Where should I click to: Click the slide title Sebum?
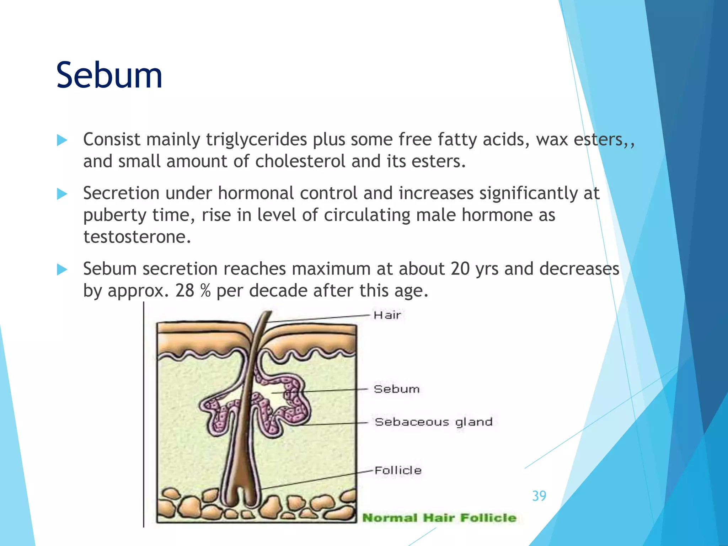109,75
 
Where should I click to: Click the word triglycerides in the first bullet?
256,139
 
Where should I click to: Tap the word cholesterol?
300,161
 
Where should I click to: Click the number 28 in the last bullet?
184,291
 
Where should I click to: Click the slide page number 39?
539,496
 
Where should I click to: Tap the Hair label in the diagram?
387,315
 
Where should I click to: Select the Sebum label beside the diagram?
396,389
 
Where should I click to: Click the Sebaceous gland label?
433,422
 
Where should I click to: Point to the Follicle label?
398,470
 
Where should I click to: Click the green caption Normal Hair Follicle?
439,518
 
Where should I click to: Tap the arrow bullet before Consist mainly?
62,140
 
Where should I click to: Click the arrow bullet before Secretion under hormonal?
62,194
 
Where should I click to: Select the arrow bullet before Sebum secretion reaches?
62,269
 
